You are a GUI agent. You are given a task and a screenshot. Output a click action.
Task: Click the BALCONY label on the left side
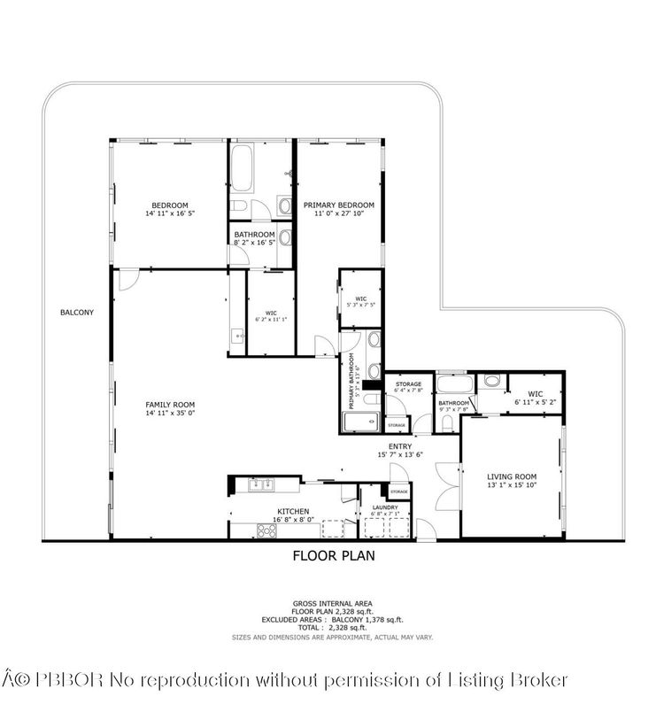click(x=77, y=313)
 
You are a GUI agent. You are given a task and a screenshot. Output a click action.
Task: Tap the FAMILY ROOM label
click(x=168, y=405)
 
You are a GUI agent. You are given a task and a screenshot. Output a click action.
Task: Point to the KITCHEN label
click(x=293, y=512)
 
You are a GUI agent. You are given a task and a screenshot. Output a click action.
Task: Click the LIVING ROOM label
click(x=512, y=476)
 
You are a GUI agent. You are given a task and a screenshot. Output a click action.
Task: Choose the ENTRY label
click(x=400, y=446)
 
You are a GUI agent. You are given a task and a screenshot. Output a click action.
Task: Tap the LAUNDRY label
click(x=385, y=507)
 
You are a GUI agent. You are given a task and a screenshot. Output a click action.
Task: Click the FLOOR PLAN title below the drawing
click(x=334, y=556)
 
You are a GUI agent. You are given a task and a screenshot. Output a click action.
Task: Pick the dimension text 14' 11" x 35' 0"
click(x=168, y=414)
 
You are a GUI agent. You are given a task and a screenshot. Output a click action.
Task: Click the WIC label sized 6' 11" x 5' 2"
click(x=535, y=393)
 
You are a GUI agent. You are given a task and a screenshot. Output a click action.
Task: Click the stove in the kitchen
click(x=266, y=530)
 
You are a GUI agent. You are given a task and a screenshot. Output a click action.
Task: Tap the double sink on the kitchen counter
click(x=260, y=484)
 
